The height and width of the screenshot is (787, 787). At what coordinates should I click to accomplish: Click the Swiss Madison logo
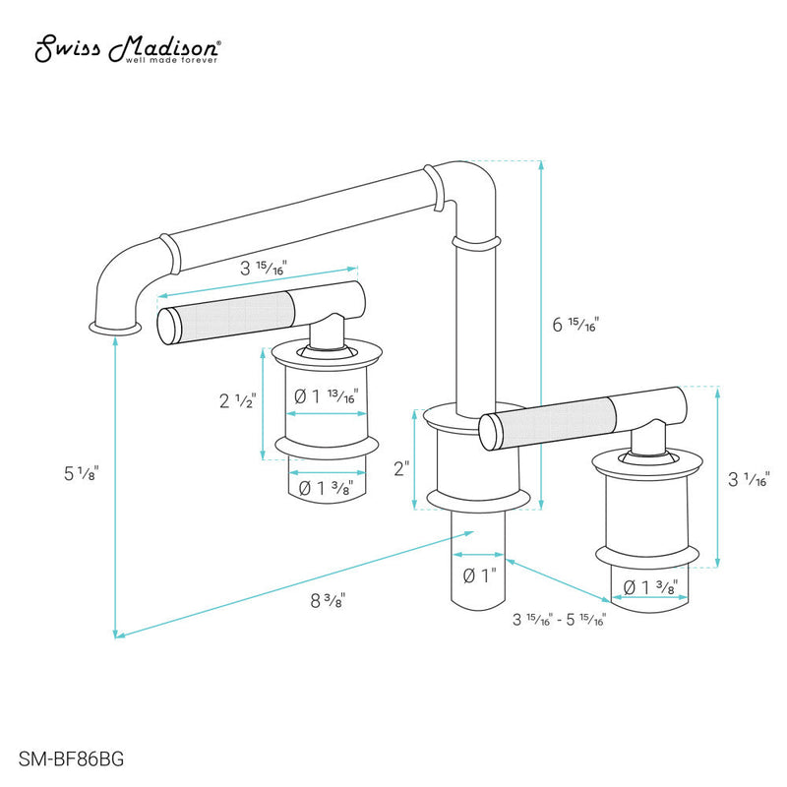pos(128,49)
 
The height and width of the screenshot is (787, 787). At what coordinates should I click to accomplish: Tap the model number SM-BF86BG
pos(66,758)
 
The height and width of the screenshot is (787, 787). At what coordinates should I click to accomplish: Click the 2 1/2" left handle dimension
pos(236,401)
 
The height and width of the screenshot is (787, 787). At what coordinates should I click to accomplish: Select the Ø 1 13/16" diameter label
pos(326,396)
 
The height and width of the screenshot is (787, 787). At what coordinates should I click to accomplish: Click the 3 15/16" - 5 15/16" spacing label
pos(559,620)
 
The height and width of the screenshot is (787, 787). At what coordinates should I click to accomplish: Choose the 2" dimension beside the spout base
pos(400,469)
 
